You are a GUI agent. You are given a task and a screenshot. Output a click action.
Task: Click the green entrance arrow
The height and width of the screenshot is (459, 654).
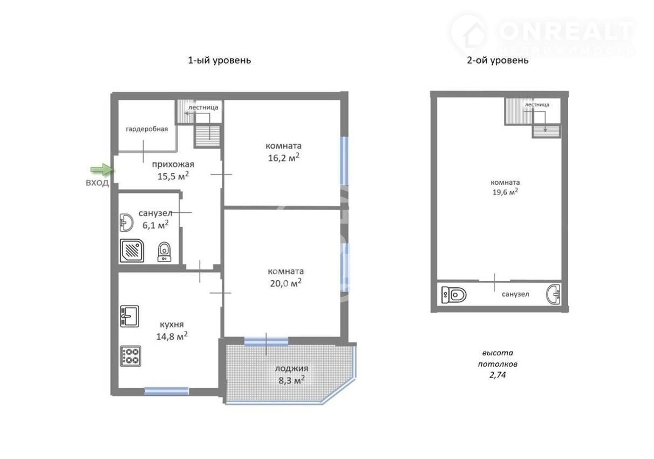[x=101, y=170]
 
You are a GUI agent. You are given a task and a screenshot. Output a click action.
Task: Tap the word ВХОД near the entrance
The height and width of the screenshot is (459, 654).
[x=97, y=183]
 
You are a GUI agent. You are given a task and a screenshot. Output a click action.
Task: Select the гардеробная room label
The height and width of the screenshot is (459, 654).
[x=147, y=129]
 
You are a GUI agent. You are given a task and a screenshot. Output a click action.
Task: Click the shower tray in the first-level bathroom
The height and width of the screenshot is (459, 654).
[x=132, y=251]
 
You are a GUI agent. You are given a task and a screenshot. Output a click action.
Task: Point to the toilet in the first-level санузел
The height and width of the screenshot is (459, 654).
[x=165, y=252]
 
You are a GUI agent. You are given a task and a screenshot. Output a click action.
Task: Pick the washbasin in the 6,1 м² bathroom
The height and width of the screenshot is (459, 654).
[x=126, y=223]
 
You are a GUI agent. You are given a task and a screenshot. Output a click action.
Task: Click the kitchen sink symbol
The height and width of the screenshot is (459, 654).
[x=130, y=316]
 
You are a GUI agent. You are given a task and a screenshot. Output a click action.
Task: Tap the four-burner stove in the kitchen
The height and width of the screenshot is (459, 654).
[x=131, y=356]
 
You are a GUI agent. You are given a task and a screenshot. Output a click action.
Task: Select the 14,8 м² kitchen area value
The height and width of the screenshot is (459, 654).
[x=172, y=336]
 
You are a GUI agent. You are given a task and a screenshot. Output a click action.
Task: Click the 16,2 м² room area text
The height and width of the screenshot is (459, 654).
[x=284, y=158]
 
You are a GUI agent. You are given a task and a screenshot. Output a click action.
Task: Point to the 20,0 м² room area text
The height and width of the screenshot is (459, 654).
[x=285, y=283]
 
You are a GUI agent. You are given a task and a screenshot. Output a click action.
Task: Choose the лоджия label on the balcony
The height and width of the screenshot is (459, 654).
[x=291, y=369]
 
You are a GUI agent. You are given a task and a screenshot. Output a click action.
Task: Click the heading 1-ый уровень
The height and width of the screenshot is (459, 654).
[x=220, y=60]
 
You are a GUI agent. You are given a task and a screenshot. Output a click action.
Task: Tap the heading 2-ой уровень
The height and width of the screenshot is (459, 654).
[x=498, y=60]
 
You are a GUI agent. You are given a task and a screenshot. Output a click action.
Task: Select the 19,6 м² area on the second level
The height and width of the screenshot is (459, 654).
[x=506, y=192]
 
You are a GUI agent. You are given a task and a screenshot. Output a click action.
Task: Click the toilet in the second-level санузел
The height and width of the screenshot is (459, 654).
[x=454, y=295]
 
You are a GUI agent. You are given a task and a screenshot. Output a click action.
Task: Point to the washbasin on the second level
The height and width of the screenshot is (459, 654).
[x=553, y=294]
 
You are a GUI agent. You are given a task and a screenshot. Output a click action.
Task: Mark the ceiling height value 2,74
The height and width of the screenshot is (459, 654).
[x=498, y=375]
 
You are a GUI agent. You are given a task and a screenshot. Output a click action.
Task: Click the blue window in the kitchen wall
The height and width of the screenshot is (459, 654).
[x=166, y=391]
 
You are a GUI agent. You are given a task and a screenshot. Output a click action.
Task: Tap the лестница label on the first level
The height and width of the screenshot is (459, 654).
[x=203, y=107]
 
